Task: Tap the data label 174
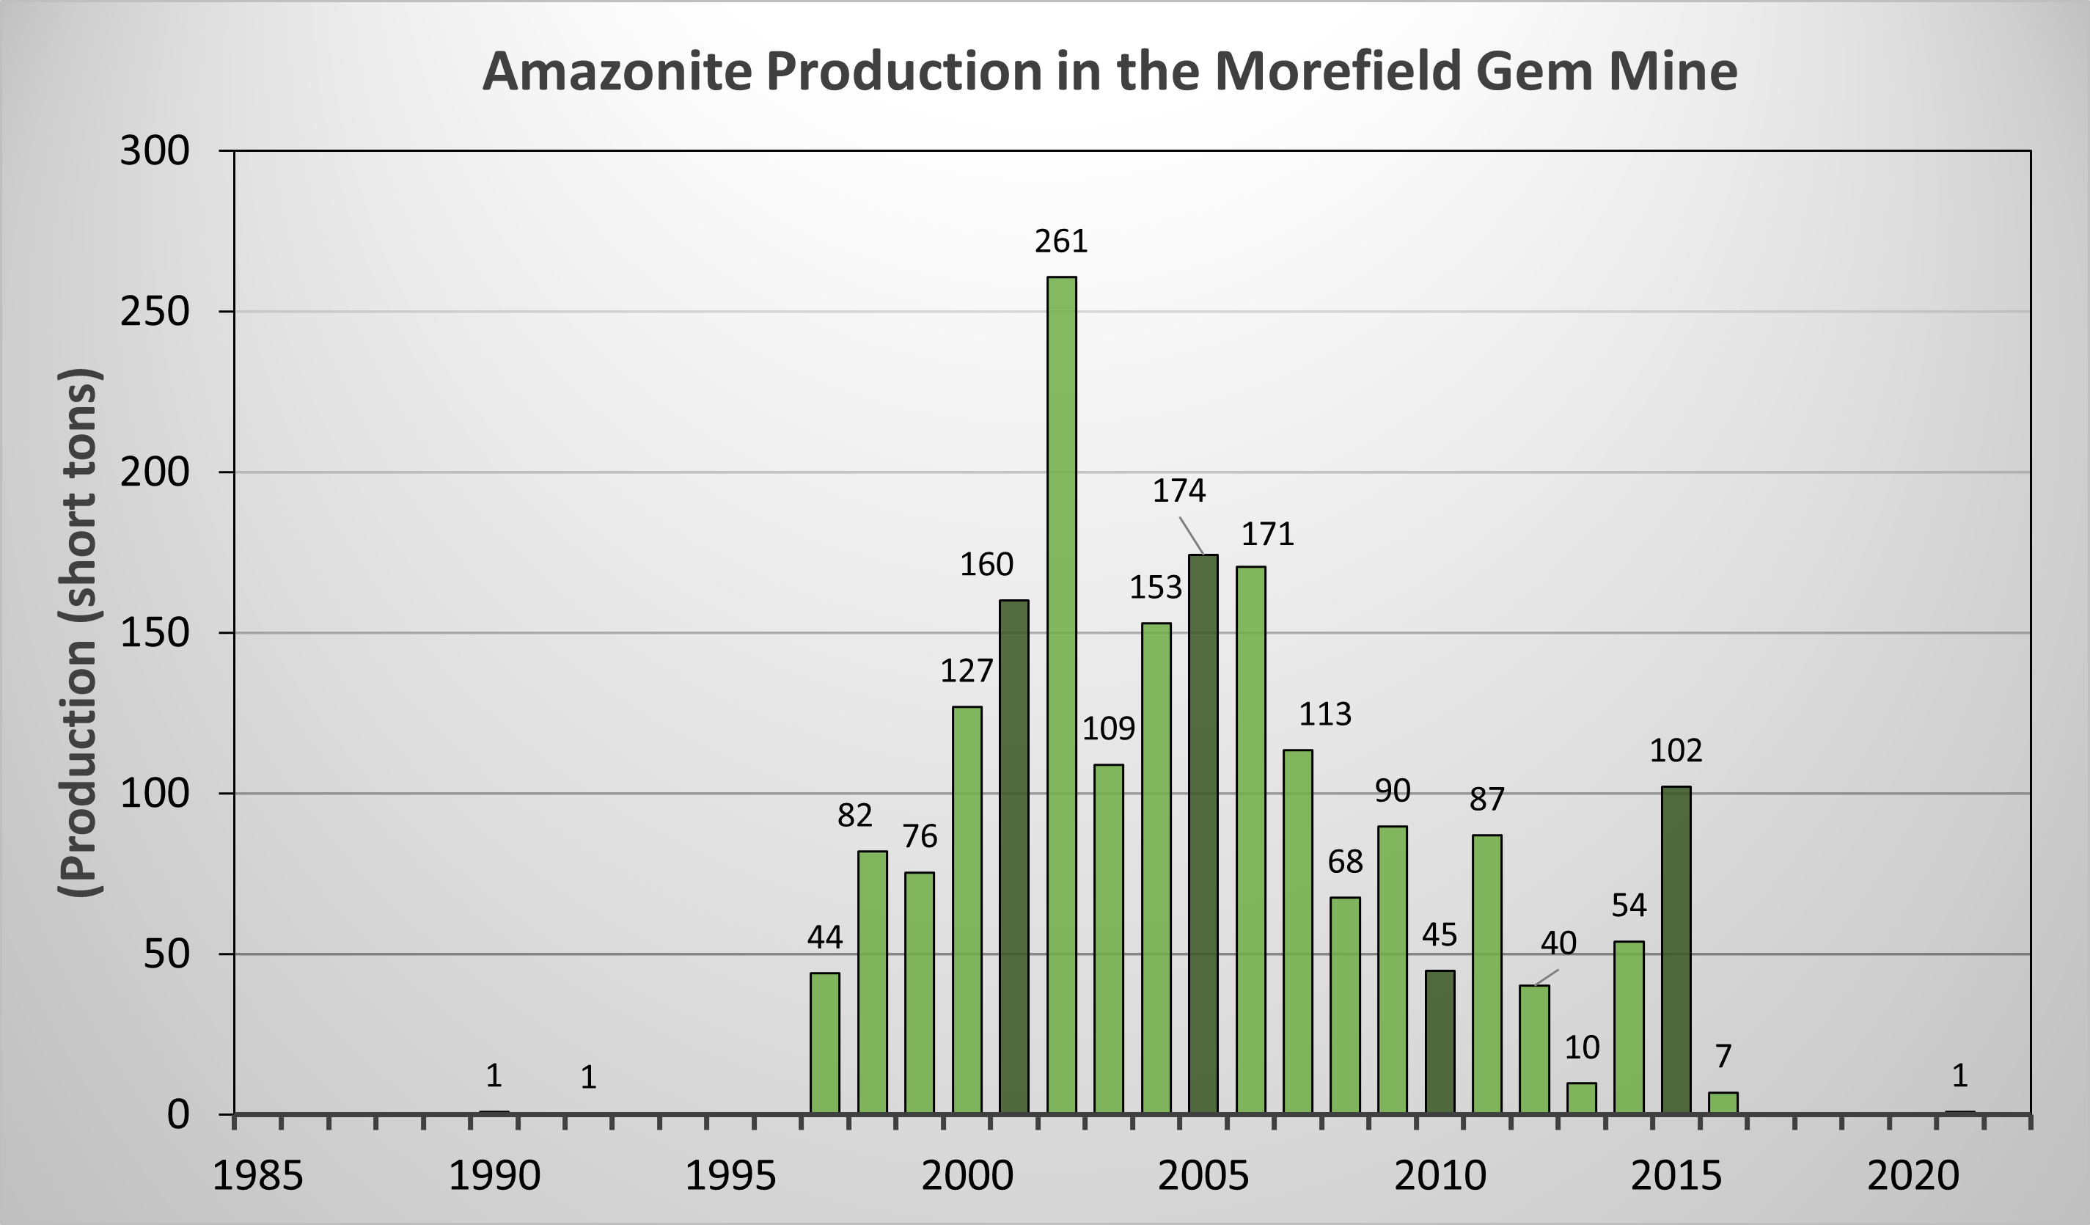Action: [1178, 491]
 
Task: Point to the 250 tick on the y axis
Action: [155, 312]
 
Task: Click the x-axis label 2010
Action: [1440, 1176]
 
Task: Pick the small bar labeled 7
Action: [1723, 1103]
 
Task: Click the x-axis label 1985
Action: [258, 1176]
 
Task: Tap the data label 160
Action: [986, 565]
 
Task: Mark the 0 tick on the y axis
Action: [177, 1115]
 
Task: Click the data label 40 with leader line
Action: [1558, 943]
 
